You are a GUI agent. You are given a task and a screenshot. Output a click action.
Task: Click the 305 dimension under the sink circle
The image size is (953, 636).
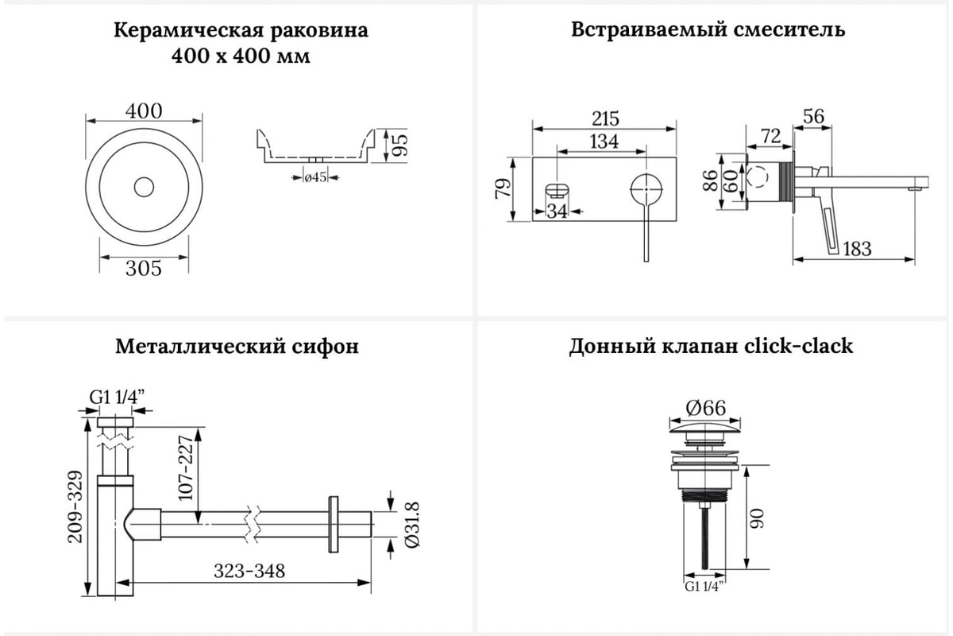[144, 269]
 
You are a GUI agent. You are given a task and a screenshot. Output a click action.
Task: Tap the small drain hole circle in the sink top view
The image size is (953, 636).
[144, 187]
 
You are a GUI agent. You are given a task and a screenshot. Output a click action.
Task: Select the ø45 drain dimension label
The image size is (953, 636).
[316, 176]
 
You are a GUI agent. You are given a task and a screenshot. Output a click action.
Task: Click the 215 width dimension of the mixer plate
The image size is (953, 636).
[605, 118]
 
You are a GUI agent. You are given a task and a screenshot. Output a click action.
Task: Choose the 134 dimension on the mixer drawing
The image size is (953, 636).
[604, 142]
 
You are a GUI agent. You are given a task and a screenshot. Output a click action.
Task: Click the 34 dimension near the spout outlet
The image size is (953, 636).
[558, 211]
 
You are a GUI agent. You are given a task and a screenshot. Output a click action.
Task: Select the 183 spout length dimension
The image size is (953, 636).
[856, 249]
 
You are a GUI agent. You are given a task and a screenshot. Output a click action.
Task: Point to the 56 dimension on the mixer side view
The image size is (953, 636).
[812, 116]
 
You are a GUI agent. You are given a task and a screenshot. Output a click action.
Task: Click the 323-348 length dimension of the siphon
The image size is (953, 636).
[249, 571]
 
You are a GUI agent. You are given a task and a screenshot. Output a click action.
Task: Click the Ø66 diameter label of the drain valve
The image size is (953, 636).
[704, 408]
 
